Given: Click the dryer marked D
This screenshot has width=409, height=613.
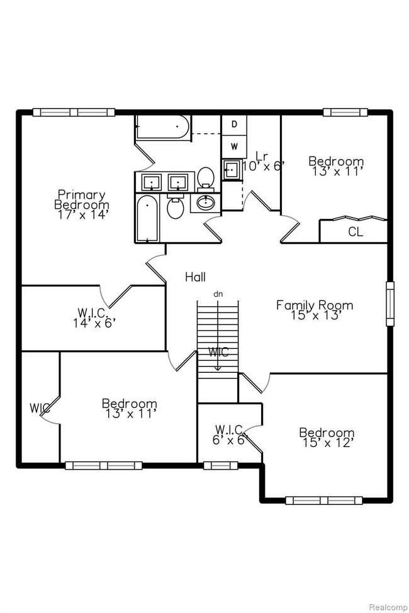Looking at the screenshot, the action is pyautogui.click(x=234, y=124).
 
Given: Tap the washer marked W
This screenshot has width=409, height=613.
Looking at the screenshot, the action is pyautogui.click(x=234, y=146).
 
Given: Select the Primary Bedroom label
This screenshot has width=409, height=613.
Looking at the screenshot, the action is pyautogui.click(x=82, y=204).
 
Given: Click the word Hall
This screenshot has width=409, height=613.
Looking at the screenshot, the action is pyautogui.click(x=195, y=277).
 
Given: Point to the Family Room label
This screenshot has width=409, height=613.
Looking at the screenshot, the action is pyautogui.click(x=315, y=310).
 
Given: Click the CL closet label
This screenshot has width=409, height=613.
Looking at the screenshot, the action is pyautogui.click(x=356, y=232).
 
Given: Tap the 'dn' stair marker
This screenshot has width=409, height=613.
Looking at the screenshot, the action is pyautogui.click(x=218, y=294).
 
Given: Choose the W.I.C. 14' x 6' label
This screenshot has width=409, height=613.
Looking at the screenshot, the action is pyautogui.click(x=94, y=318).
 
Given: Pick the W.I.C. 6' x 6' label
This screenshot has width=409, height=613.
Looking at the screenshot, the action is pyautogui.click(x=228, y=434).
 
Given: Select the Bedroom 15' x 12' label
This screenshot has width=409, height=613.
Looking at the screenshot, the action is pyautogui.click(x=327, y=438).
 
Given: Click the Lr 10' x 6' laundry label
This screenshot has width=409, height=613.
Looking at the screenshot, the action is pyautogui.click(x=262, y=161).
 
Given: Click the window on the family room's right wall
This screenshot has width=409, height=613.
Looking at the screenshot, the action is pyautogui.click(x=390, y=304).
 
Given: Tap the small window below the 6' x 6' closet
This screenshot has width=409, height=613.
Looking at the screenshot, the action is pyautogui.click(x=221, y=465).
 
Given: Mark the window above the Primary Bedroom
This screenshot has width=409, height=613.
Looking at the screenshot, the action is pyautogui.click(x=74, y=112).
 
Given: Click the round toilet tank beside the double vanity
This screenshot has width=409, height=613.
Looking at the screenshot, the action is pyautogui.click(x=206, y=177).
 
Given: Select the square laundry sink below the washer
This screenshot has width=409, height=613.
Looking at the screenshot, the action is pyautogui.click(x=232, y=170).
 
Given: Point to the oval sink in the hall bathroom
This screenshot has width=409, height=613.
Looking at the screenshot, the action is pyautogui.click(x=205, y=202).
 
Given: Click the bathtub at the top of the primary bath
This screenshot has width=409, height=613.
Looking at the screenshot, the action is pyautogui.click(x=162, y=126).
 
